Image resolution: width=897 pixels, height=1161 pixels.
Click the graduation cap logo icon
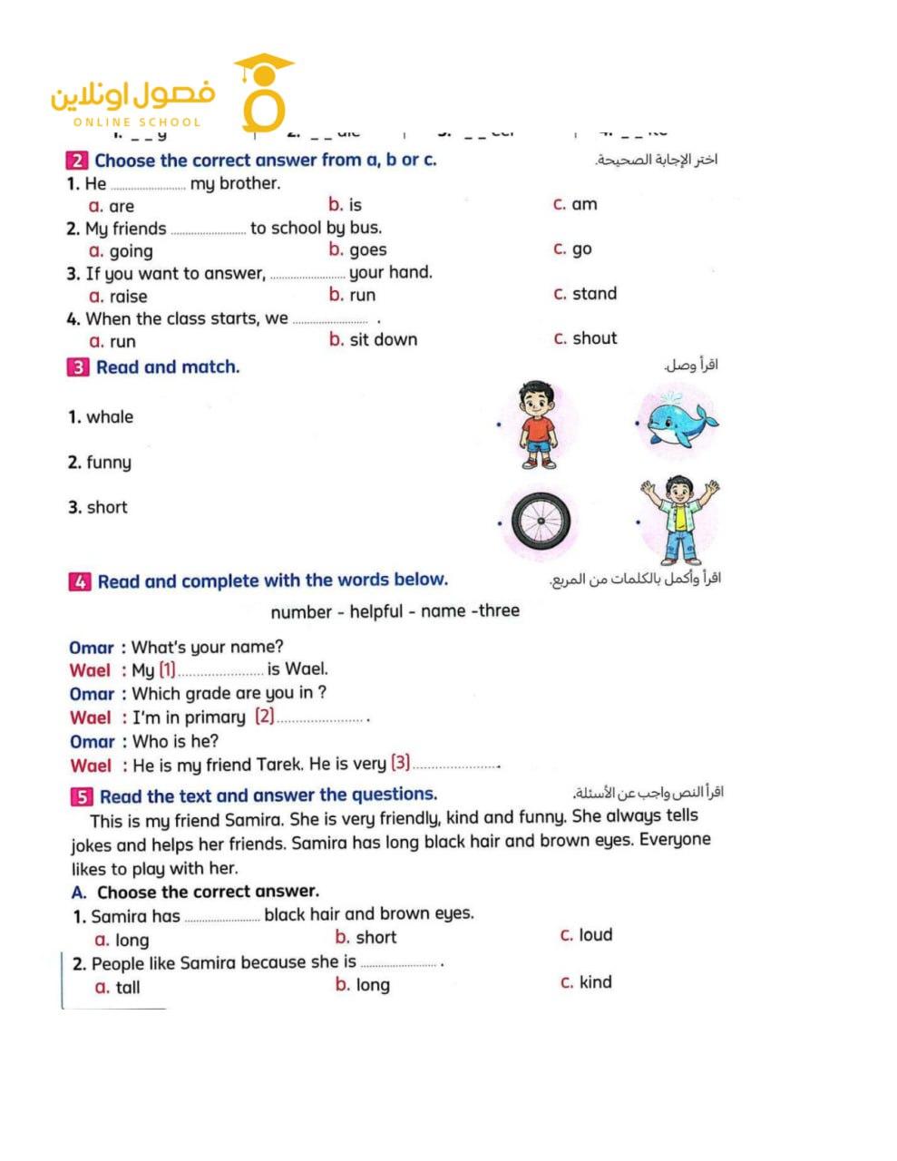[x=264, y=92]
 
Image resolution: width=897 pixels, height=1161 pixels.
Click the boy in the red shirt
[x=539, y=424]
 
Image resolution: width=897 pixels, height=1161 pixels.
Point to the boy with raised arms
[x=679, y=520]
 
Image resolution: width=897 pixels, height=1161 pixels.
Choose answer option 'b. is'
[x=346, y=205]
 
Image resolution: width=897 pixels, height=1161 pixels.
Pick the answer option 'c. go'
[x=572, y=249]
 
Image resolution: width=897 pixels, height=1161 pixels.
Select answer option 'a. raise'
[x=118, y=297]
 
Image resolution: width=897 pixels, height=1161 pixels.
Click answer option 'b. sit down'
[x=373, y=340]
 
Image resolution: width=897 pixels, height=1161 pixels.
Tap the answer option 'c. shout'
[x=585, y=338]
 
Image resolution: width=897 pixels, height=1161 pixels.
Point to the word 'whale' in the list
[x=110, y=417]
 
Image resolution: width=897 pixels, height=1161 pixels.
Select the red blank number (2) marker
[x=264, y=717]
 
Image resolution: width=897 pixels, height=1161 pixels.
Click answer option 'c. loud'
[x=586, y=935]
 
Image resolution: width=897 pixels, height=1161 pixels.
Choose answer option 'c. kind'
[x=586, y=982]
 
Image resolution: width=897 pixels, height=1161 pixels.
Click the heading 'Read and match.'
[x=168, y=367]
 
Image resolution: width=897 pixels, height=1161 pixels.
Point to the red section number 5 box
[x=82, y=797]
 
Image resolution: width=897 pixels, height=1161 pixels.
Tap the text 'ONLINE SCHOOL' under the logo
[x=137, y=122]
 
